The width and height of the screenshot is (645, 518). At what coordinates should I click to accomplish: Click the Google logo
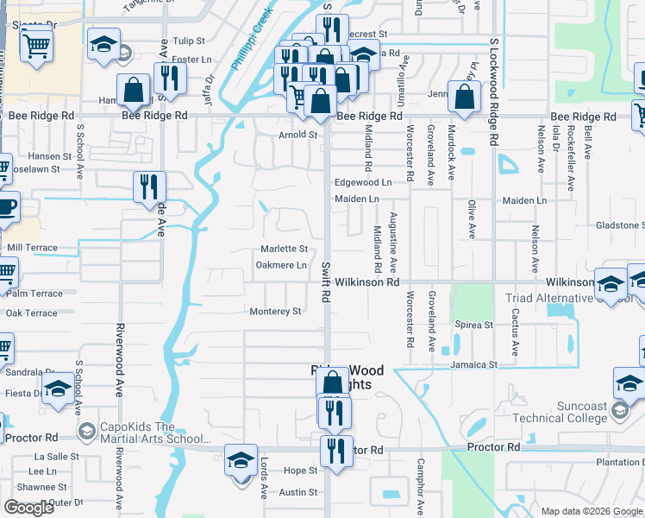(x=28, y=508)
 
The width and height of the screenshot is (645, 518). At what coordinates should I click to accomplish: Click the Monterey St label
(x=274, y=312)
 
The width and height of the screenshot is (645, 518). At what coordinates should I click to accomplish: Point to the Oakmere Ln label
(x=282, y=265)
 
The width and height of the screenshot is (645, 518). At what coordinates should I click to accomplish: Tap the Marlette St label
(x=284, y=249)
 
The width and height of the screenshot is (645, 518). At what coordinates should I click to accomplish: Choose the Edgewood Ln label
(x=363, y=183)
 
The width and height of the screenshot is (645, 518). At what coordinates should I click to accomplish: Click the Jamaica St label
(x=473, y=365)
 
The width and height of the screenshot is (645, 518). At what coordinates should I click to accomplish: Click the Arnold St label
(x=297, y=135)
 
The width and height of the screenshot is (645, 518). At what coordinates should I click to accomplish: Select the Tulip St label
(x=189, y=41)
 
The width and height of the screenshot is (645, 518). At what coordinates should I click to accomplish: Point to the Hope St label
(x=301, y=471)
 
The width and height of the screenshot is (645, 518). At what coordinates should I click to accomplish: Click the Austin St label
(x=298, y=493)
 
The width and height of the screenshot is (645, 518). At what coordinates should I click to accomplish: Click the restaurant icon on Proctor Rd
(x=335, y=449)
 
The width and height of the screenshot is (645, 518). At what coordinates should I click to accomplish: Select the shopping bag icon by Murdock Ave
(x=464, y=98)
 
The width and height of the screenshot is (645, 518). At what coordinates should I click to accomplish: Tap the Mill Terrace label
(x=32, y=248)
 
